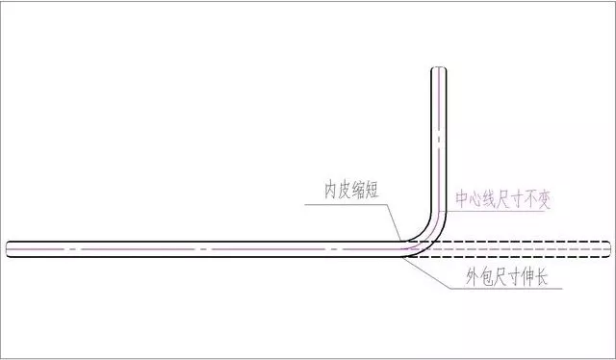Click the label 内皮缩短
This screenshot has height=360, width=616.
pyautogui.click(x=353, y=190)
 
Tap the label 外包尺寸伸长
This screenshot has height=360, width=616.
pyautogui.click(x=500, y=282)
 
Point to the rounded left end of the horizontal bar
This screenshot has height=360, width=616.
pyautogui.click(x=9, y=248)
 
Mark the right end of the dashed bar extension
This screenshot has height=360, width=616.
pyautogui.click(x=607, y=248)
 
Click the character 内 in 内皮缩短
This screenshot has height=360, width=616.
pyautogui.click(x=331, y=190)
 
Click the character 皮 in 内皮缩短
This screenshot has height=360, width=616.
pyautogui.click(x=346, y=190)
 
